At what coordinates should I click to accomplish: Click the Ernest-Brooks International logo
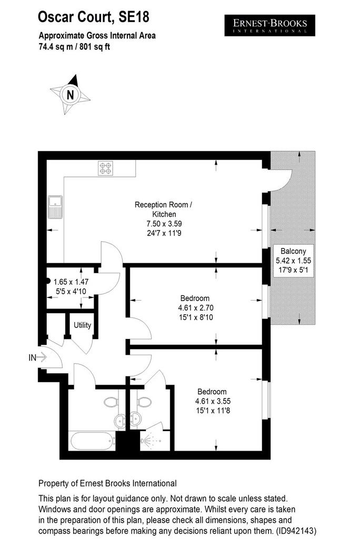point(269,25)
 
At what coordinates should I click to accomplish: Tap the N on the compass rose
point(70,95)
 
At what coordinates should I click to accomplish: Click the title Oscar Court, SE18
point(94,17)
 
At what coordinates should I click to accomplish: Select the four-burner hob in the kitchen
point(106,168)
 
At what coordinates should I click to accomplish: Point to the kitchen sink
point(55,207)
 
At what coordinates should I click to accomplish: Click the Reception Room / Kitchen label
point(163,209)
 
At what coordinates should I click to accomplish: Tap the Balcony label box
point(293,261)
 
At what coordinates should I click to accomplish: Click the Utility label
point(83,325)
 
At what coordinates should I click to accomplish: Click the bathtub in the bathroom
point(92,441)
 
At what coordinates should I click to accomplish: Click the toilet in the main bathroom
point(111,402)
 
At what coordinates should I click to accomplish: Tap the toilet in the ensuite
point(144,402)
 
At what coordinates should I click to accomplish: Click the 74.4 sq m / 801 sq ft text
point(74,47)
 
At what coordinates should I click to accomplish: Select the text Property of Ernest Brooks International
point(107,484)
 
